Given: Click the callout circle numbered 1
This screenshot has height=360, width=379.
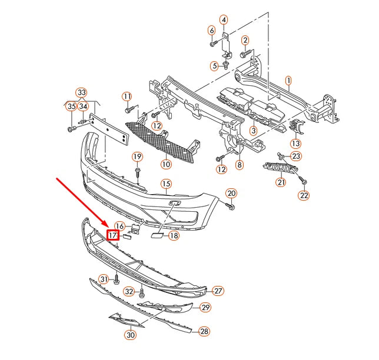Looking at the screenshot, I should click(x=288, y=79).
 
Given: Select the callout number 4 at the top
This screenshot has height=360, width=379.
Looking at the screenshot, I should click(x=224, y=21).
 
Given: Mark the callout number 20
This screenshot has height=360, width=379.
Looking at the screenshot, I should click(x=231, y=194).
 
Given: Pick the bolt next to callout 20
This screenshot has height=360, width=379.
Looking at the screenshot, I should click(x=230, y=206).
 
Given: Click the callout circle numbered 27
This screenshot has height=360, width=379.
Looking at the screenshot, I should click(x=218, y=291).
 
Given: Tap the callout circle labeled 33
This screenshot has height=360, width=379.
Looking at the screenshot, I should click(x=81, y=92).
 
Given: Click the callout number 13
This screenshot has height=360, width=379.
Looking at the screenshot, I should click(x=295, y=143).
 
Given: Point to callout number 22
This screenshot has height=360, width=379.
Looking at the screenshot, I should click(x=304, y=195).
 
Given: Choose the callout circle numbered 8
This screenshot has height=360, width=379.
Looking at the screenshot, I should click(x=240, y=165).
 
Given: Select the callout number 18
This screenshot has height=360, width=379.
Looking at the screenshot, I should click(x=173, y=236).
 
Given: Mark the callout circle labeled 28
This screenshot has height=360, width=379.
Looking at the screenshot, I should click(x=204, y=332).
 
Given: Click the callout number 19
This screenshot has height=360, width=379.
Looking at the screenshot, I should click(x=137, y=156).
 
